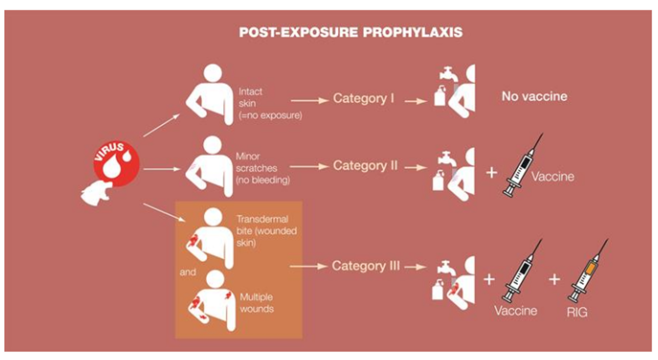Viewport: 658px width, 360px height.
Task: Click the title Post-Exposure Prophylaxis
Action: (351, 33)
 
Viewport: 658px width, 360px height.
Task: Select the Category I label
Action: (363, 98)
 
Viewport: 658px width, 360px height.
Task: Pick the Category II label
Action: (365, 165)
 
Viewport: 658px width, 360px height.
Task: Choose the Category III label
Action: (366, 266)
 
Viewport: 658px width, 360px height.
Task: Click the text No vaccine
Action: (534, 96)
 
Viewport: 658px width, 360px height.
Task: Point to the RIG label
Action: (577, 312)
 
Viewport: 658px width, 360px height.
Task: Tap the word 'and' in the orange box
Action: (187, 272)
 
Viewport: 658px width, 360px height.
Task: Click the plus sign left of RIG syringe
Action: (554, 280)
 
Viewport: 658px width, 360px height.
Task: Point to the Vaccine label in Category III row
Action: (515, 311)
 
